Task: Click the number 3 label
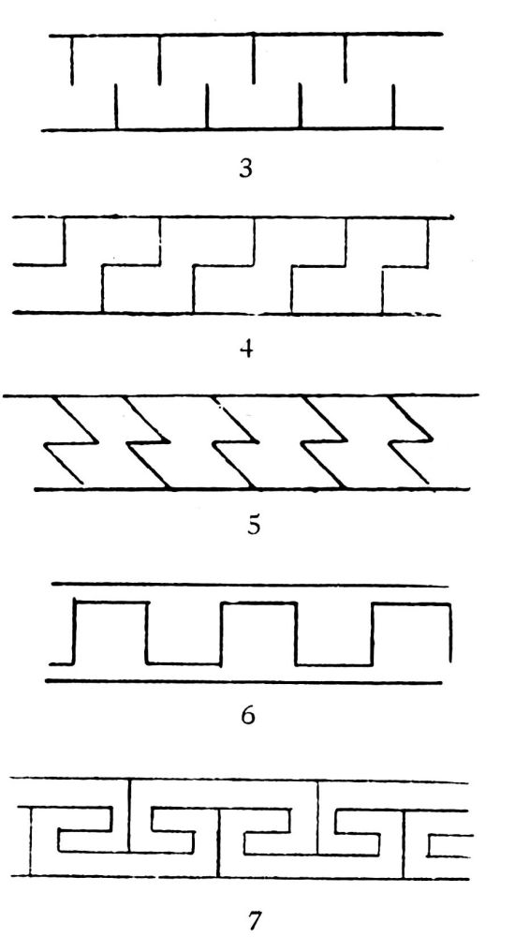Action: [x=245, y=169]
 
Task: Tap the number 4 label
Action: [x=246, y=348]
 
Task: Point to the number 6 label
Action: [x=247, y=715]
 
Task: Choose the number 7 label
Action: [x=255, y=920]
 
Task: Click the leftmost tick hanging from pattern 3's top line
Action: [x=72, y=60]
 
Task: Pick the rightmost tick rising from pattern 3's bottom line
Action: [x=393, y=107]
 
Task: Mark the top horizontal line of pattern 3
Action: [x=245, y=35]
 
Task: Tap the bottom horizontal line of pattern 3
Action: [x=242, y=128]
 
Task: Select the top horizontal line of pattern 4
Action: [x=233, y=217]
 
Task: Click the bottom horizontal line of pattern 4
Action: [x=227, y=313]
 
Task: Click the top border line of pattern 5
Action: [x=242, y=395]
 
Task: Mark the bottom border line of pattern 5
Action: [x=252, y=489]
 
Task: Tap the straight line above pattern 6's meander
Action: [x=251, y=585]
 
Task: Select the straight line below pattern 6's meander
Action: [x=243, y=681]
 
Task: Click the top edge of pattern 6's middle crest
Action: [x=258, y=602]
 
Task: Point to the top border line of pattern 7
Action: [x=239, y=780]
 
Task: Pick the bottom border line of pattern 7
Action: [x=240, y=877]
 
